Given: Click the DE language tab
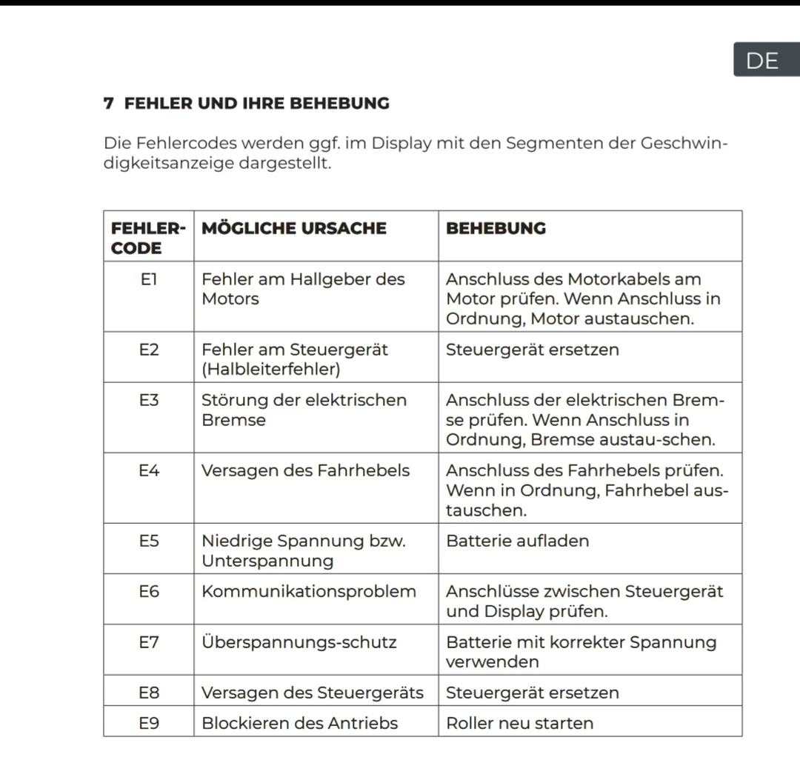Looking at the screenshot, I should point(762,60).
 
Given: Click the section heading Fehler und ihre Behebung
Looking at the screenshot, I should point(247,104).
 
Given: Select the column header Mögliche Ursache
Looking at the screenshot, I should point(294,228).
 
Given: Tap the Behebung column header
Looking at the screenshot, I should point(496,228).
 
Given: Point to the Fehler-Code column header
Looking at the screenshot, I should point(148,238).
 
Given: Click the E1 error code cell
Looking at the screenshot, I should point(148,280).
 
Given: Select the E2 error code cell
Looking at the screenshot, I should point(148,350).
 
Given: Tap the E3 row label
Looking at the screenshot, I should point(148,400).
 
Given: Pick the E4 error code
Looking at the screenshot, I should point(148,470).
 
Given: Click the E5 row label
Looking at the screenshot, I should point(148,541).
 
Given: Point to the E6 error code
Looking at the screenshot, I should point(148,591).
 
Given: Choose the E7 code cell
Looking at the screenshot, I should point(148,642).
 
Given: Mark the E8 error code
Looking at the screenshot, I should point(148,693).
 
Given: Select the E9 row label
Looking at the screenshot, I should point(148,723).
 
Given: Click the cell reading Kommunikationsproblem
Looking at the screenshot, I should point(309,591).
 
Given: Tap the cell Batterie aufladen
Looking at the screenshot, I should point(518,541).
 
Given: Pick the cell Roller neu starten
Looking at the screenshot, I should point(519,723).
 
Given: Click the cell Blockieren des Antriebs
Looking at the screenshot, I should point(299,723).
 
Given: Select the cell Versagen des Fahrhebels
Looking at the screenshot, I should point(305,470).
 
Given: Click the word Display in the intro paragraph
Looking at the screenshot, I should point(401,143).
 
